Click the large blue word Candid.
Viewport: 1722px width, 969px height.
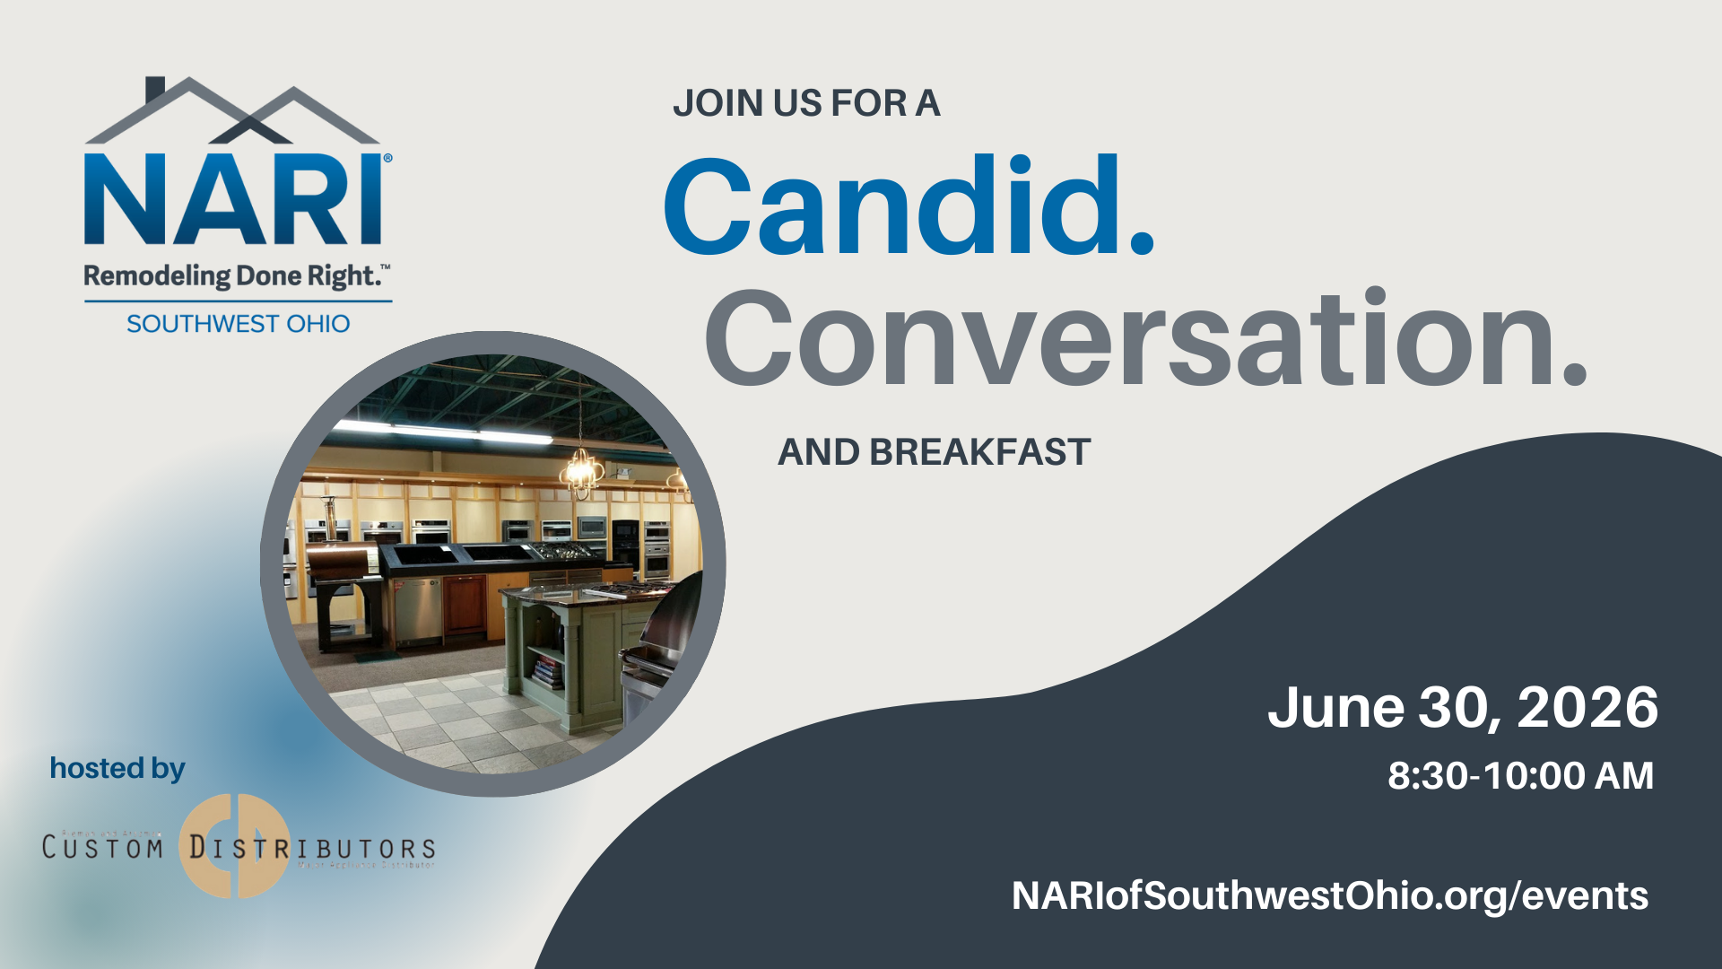pyautogui.click(x=908, y=206)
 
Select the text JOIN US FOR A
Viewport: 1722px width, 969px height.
pyautogui.click(x=805, y=103)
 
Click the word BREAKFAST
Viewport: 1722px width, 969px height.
pyautogui.click(x=979, y=452)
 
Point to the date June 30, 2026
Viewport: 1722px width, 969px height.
pyautogui.click(x=1462, y=708)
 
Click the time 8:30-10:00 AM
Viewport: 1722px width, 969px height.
pyautogui.click(x=1520, y=776)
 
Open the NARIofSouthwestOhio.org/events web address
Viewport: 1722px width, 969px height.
pyautogui.click(x=1329, y=896)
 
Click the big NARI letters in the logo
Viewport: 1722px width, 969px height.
pyautogui.click(x=235, y=199)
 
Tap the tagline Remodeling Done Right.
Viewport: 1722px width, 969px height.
pyautogui.click(x=235, y=275)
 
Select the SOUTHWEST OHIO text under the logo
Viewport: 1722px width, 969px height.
pyautogui.click(x=238, y=324)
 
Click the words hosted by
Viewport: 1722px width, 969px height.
pyautogui.click(x=117, y=769)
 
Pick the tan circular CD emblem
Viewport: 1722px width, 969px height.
pyautogui.click(x=235, y=846)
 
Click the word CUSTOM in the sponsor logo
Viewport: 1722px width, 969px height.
pyautogui.click(x=103, y=848)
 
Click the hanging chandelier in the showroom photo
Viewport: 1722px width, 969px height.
pyautogui.click(x=581, y=470)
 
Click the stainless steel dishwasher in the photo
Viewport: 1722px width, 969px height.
pyautogui.click(x=419, y=611)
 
